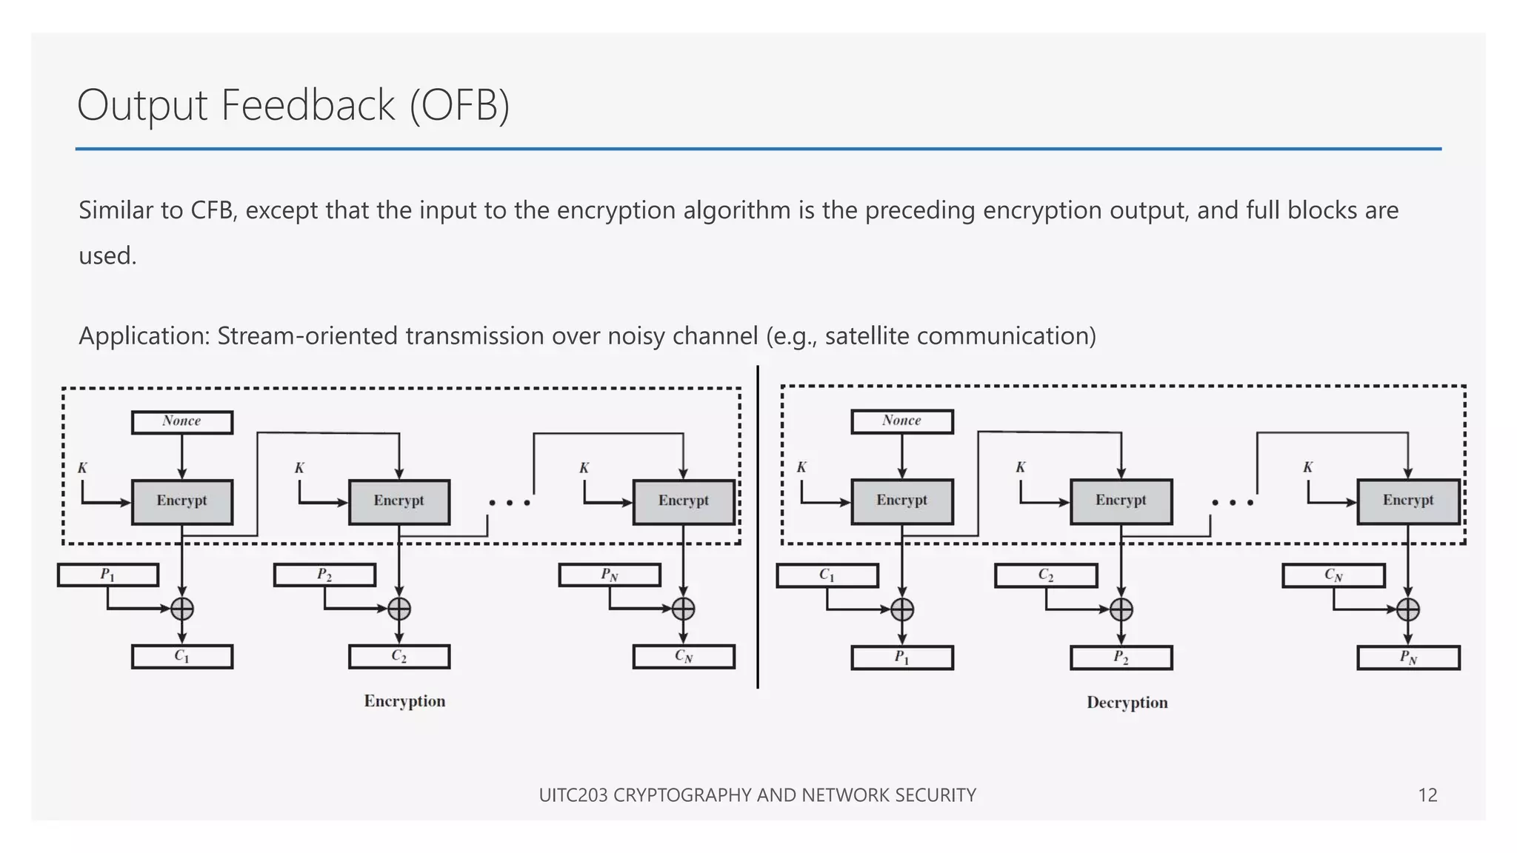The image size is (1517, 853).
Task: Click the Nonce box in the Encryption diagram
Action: pos(182,422)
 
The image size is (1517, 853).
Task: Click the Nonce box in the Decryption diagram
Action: pos(901,421)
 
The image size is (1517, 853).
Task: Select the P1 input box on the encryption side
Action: pos(108,575)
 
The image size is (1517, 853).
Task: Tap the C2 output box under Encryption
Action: pos(399,657)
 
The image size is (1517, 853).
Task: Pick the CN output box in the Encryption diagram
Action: pos(684,657)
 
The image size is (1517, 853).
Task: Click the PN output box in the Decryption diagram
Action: pos(1408,658)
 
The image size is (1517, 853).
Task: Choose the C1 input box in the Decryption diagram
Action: pos(827,575)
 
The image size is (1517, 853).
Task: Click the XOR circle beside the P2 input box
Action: pos(399,609)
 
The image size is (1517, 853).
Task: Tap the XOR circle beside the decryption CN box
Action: pos(1407,609)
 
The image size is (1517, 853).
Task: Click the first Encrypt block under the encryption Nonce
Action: pos(182,501)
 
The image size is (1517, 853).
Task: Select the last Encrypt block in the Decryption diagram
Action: pos(1408,501)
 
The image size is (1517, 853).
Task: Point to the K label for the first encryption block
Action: pos(82,468)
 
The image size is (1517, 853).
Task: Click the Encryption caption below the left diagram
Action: pos(404,701)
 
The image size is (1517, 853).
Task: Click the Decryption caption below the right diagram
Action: pos(1127,703)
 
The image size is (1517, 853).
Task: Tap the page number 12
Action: pos(1427,795)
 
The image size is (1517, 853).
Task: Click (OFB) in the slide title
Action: pos(459,105)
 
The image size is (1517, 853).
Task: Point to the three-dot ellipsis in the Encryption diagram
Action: pos(510,503)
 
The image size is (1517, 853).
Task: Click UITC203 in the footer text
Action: pos(573,795)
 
